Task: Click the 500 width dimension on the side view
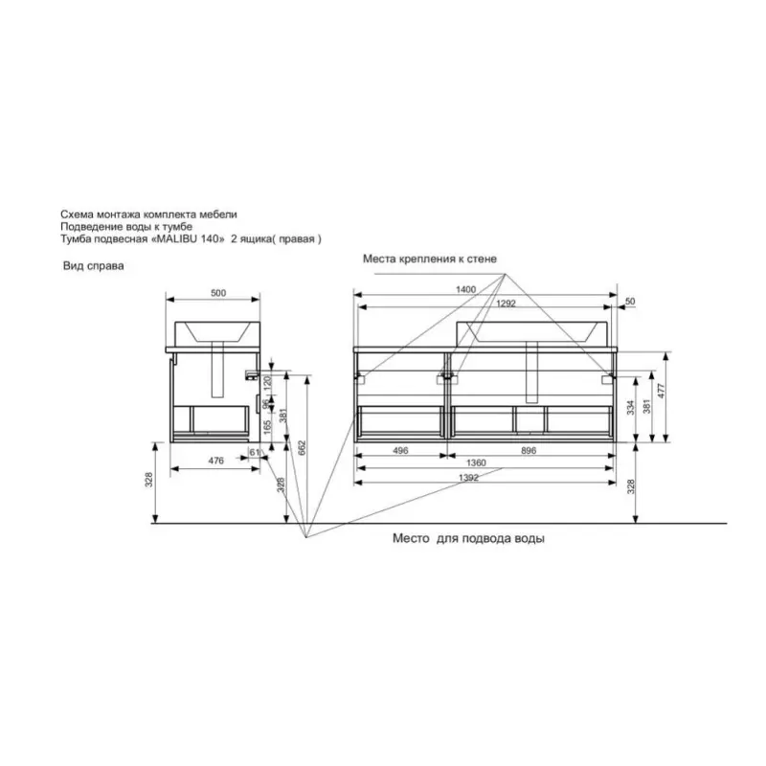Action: tap(218, 293)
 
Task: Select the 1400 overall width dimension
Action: tap(465, 289)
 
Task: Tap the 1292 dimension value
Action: tap(506, 303)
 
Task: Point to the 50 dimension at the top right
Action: tap(630, 301)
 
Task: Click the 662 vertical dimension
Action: tap(302, 448)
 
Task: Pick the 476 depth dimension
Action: tap(216, 461)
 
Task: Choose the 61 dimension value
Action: tap(255, 452)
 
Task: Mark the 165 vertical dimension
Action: tap(267, 427)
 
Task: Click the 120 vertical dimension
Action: tap(267, 382)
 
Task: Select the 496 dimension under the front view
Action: tap(400, 450)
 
